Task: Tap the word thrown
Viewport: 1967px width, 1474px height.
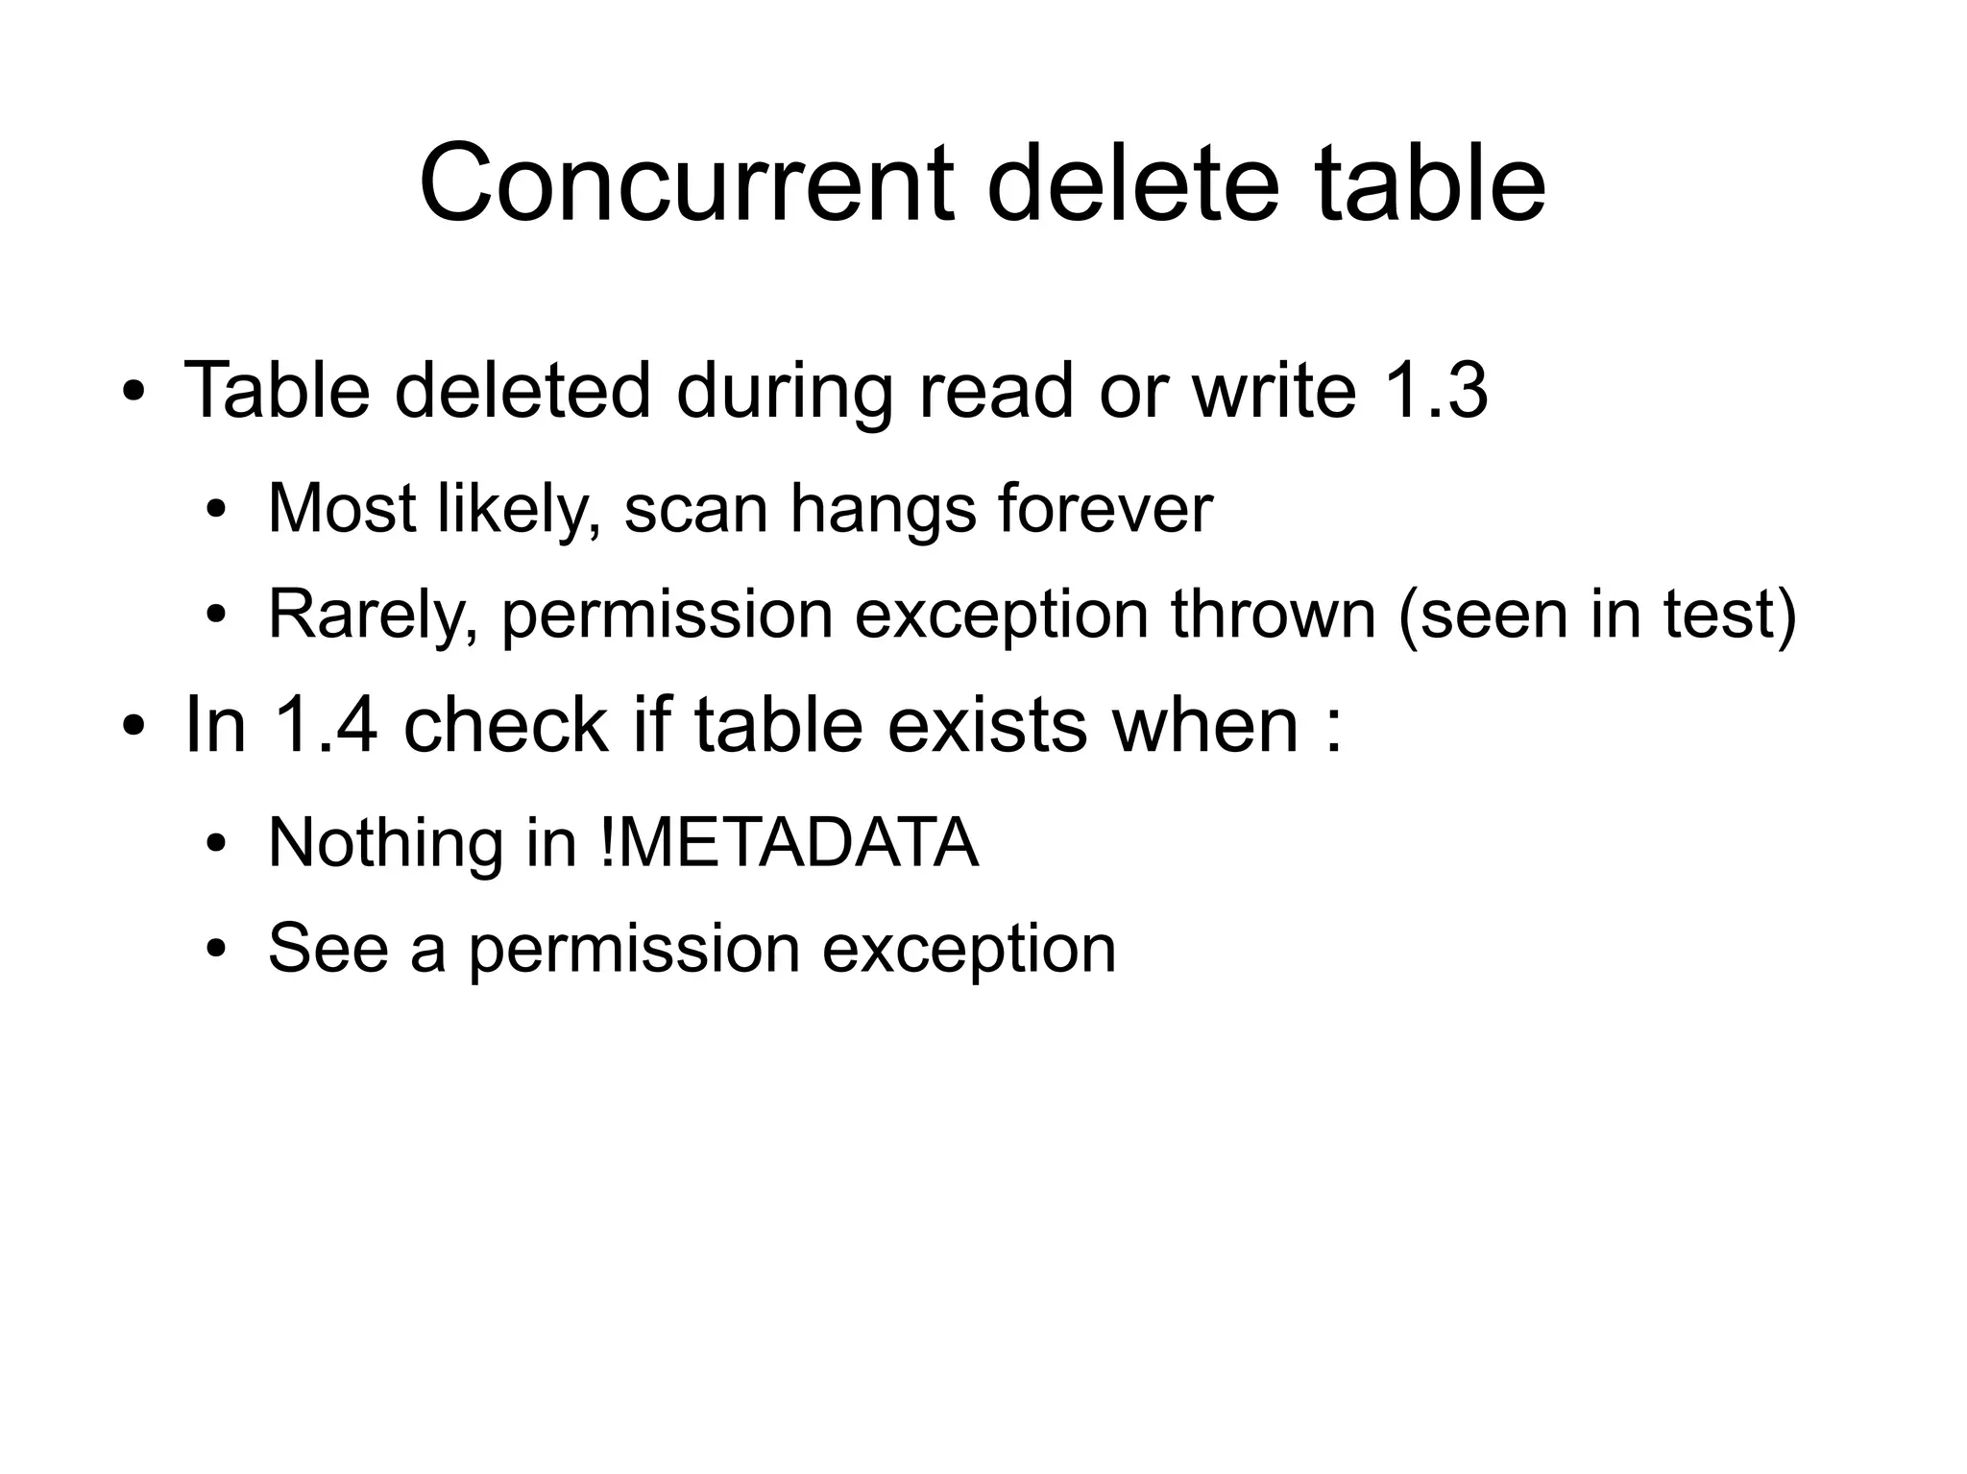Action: (x=1273, y=615)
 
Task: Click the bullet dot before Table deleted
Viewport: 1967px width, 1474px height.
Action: (x=134, y=393)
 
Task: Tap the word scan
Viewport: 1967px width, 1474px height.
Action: (x=695, y=510)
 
